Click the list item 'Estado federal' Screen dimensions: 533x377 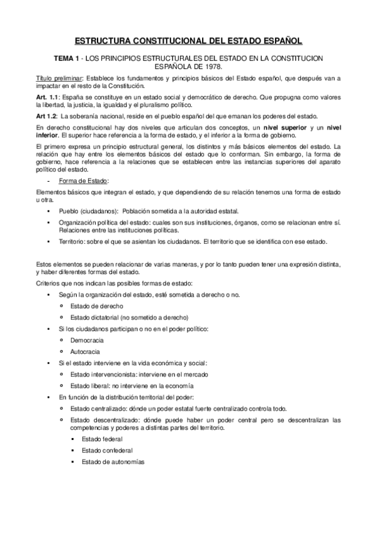(x=102, y=439)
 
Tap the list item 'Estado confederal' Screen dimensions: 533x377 (x=107, y=450)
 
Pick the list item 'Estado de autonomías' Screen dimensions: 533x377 (x=112, y=462)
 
